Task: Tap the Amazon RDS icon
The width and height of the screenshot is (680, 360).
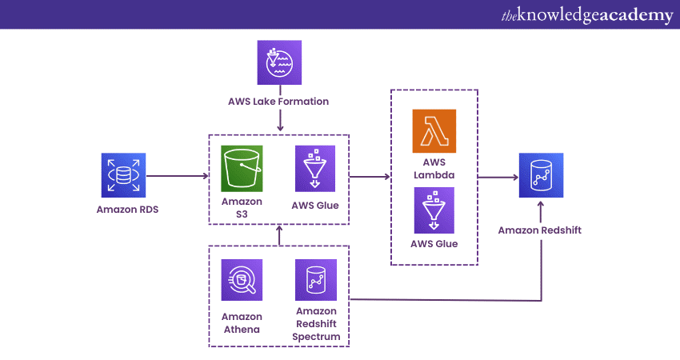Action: click(124, 175)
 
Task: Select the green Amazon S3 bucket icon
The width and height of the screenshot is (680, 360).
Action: click(243, 169)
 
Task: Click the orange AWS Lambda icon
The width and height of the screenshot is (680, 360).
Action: click(434, 130)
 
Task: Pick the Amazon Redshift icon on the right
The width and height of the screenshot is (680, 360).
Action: click(540, 175)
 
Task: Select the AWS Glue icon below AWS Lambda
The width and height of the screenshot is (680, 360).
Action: click(434, 210)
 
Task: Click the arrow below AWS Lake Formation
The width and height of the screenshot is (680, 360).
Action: click(279, 121)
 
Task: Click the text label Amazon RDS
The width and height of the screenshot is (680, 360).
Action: click(124, 210)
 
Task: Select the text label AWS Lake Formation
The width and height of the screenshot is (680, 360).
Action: click(279, 102)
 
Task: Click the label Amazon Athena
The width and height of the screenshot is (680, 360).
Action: click(242, 323)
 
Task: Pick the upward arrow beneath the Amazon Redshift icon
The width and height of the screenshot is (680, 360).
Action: click(541, 212)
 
